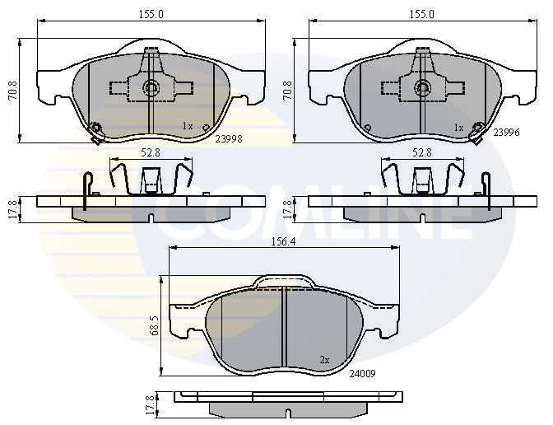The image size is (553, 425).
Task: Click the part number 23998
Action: tap(229, 139)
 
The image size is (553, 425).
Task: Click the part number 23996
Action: tap(506, 133)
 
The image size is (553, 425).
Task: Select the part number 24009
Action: tap(362, 373)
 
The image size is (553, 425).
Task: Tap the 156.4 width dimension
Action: tap(283, 242)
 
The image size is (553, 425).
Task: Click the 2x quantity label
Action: tap(324, 360)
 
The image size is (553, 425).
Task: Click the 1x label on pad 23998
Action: tap(188, 126)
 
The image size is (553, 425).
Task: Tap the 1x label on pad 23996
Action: tap(458, 128)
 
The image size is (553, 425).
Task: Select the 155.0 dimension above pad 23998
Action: tap(151, 15)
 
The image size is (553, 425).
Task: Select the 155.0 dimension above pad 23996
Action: tap(422, 15)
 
